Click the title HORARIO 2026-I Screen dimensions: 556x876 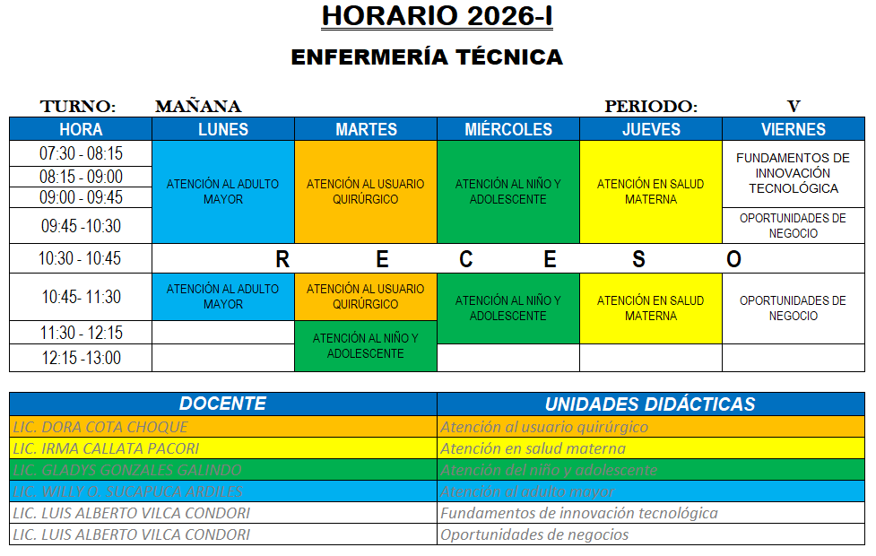(x=437, y=16)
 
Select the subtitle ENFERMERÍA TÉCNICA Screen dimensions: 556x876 (x=427, y=57)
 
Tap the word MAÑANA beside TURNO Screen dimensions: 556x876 (x=198, y=107)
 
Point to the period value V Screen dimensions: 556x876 (x=793, y=107)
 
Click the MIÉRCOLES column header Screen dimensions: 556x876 (x=508, y=129)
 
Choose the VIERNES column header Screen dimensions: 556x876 (x=793, y=129)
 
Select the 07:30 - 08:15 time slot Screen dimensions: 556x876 (x=81, y=153)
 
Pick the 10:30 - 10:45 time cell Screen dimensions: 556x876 (x=81, y=259)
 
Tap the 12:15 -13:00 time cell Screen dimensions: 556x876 (x=81, y=358)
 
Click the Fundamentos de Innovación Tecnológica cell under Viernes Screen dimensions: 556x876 (x=793, y=173)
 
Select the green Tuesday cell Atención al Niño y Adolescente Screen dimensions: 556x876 (x=366, y=346)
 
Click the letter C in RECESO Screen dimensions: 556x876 (x=466, y=260)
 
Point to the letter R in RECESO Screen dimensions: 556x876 (x=282, y=260)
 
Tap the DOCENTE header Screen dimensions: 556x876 (x=222, y=404)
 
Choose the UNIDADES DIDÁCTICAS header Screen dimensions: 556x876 (x=650, y=404)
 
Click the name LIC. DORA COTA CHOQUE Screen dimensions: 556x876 (x=100, y=427)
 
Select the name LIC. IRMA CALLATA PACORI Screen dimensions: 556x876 (x=106, y=448)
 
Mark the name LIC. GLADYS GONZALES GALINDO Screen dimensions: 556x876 (x=127, y=470)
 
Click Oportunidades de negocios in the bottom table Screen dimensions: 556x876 (x=534, y=534)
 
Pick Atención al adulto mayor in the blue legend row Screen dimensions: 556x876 (x=527, y=491)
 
